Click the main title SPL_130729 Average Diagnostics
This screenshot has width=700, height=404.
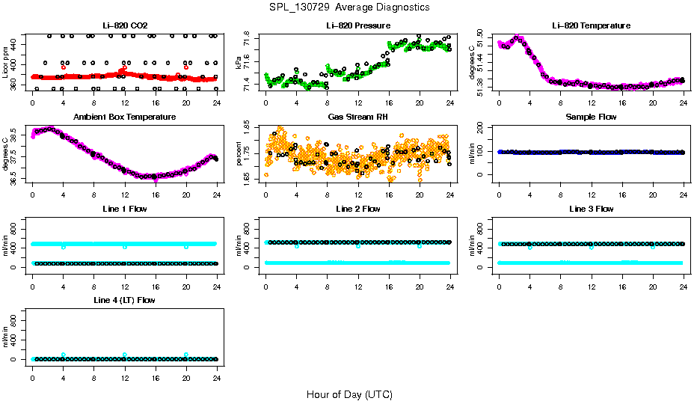point(351,7)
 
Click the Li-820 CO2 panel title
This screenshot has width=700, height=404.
point(123,26)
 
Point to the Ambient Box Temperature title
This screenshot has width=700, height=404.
point(123,117)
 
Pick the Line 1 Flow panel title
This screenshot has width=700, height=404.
point(123,209)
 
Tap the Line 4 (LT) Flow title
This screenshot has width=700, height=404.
point(123,300)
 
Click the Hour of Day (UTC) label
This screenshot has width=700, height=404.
point(349,394)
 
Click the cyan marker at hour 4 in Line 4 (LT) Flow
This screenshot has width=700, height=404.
point(64,355)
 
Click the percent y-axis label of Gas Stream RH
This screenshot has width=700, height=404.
point(239,154)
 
